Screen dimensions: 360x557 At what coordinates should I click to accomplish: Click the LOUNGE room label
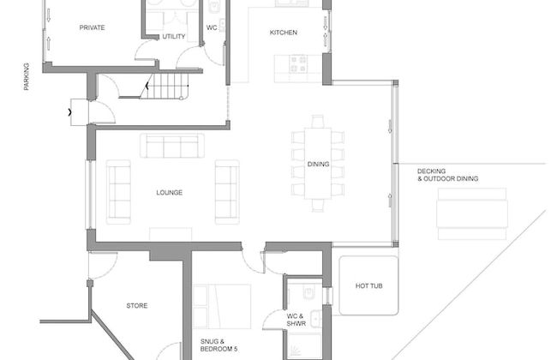point(169,193)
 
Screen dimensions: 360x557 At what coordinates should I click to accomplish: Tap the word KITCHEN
point(284,33)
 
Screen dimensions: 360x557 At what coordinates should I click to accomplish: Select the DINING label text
point(318,163)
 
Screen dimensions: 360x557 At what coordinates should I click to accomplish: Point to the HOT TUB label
point(368,286)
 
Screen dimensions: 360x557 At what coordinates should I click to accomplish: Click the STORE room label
point(137,305)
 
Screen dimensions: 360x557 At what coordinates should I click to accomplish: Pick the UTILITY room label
point(174,36)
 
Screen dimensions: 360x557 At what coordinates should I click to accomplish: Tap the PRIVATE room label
point(92,27)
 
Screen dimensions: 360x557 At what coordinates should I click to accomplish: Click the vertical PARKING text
point(27,76)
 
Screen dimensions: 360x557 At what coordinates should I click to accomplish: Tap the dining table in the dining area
point(318,163)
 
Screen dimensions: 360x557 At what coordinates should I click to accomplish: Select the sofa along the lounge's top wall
point(172,146)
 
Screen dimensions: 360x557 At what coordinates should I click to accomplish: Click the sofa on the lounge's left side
point(118,191)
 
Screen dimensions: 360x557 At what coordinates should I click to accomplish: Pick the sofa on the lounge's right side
point(227,191)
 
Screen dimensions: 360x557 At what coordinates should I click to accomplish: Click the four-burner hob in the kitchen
point(298,63)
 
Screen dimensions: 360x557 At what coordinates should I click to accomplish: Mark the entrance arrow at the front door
point(69,111)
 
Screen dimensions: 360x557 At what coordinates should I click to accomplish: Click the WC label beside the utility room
point(212,27)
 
